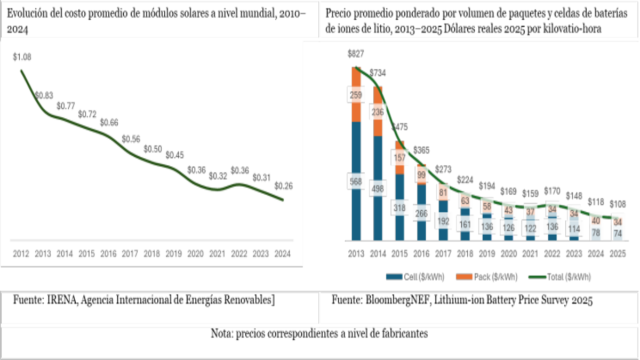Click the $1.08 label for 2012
pyautogui.click(x=22, y=57)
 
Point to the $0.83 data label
pyautogui.click(x=44, y=95)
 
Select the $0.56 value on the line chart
pyautogui.click(x=130, y=139)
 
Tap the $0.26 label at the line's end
pyautogui.click(x=283, y=186)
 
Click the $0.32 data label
pyautogui.click(x=218, y=175)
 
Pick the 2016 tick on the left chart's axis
pyautogui.click(x=108, y=254)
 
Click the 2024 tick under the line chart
pyautogui.click(x=283, y=254)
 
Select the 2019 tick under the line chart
pyautogui.click(x=174, y=254)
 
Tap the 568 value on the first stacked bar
pyautogui.click(x=356, y=181)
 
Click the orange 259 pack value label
pyautogui.click(x=356, y=95)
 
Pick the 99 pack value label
pyautogui.click(x=421, y=175)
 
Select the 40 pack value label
pyautogui.click(x=596, y=220)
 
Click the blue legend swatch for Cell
pyautogui.click(x=394, y=277)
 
